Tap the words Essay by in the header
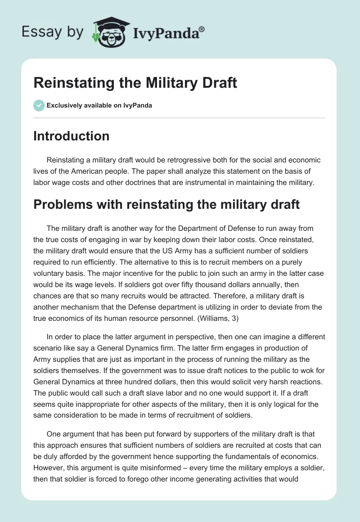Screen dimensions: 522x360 tap(53, 32)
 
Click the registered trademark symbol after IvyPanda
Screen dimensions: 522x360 tap(202, 30)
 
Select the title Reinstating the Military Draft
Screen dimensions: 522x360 tap(135, 84)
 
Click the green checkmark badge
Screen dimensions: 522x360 tap(39, 105)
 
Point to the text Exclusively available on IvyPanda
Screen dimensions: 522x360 tap(99, 106)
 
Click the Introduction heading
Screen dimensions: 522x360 tap(71, 136)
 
